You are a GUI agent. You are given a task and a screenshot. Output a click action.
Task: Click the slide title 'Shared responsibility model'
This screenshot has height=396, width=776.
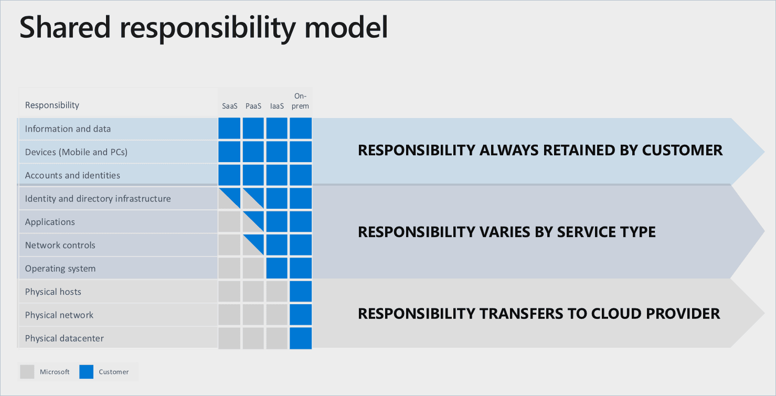(204, 27)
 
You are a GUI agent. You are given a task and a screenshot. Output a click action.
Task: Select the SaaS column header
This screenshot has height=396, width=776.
(229, 106)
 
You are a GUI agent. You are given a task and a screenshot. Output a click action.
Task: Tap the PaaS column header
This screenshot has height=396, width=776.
(253, 106)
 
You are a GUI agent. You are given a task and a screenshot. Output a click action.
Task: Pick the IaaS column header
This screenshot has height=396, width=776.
(277, 106)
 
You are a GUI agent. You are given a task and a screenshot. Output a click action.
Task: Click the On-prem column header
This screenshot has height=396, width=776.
(301, 101)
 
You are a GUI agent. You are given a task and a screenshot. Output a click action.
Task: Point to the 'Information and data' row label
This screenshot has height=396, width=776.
(68, 129)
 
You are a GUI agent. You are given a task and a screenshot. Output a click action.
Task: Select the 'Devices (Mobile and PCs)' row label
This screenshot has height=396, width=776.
(76, 152)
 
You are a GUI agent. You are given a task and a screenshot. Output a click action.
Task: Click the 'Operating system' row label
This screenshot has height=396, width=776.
(60, 269)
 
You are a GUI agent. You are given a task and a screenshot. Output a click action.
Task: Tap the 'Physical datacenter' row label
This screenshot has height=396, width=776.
(65, 338)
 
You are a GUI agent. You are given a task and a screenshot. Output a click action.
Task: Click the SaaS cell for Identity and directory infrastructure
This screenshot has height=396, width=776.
(229, 199)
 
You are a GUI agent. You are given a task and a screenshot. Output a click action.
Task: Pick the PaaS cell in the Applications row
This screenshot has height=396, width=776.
(253, 222)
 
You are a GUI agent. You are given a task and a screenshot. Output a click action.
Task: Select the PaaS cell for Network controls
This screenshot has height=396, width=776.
(253, 245)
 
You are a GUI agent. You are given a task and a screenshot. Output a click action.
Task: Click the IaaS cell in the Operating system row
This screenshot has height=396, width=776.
(277, 268)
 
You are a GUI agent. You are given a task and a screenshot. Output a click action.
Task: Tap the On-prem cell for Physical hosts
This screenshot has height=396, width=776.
(301, 292)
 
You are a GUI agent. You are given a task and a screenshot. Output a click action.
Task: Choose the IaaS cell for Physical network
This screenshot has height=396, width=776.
(277, 315)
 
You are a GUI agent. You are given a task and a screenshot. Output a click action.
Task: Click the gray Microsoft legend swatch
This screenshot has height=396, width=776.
(27, 372)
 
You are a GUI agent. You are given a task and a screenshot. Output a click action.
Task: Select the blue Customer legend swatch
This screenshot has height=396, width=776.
(86, 372)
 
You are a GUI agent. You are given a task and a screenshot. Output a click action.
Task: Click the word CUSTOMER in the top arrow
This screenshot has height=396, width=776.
(682, 151)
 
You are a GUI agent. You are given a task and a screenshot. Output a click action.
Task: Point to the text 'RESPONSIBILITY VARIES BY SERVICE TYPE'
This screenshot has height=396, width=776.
(507, 232)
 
